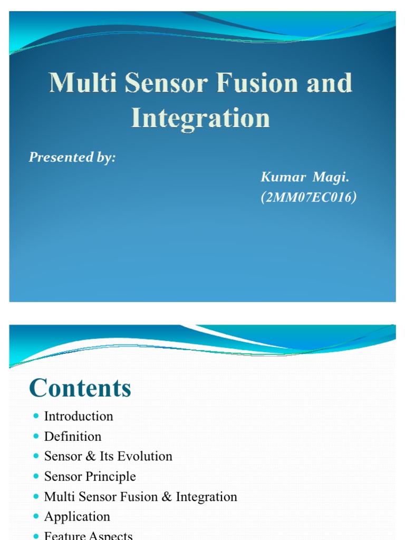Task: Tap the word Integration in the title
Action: pyautogui.click(x=200, y=118)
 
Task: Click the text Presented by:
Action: pyautogui.click(x=72, y=157)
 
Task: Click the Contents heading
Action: pyautogui.click(x=80, y=389)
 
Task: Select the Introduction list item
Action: pyautogui.click(x=79, y=416)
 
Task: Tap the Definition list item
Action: pyautogui.click(x=73, y=436)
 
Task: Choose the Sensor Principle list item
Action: pyautogui.click(x=90, y=476)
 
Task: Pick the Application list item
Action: pyautogui.click(x=77, y=516)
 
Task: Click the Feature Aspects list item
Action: pyautogui.click(x=88, y=535)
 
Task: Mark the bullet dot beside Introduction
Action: pyautogui.click(x=36, y=416)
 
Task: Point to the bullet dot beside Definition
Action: pyautogui.click(x=36, y=436)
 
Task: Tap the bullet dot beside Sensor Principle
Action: pyautogui.click(x=36, y=476)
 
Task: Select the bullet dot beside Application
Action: pyautogui.click(x=36, y=516)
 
